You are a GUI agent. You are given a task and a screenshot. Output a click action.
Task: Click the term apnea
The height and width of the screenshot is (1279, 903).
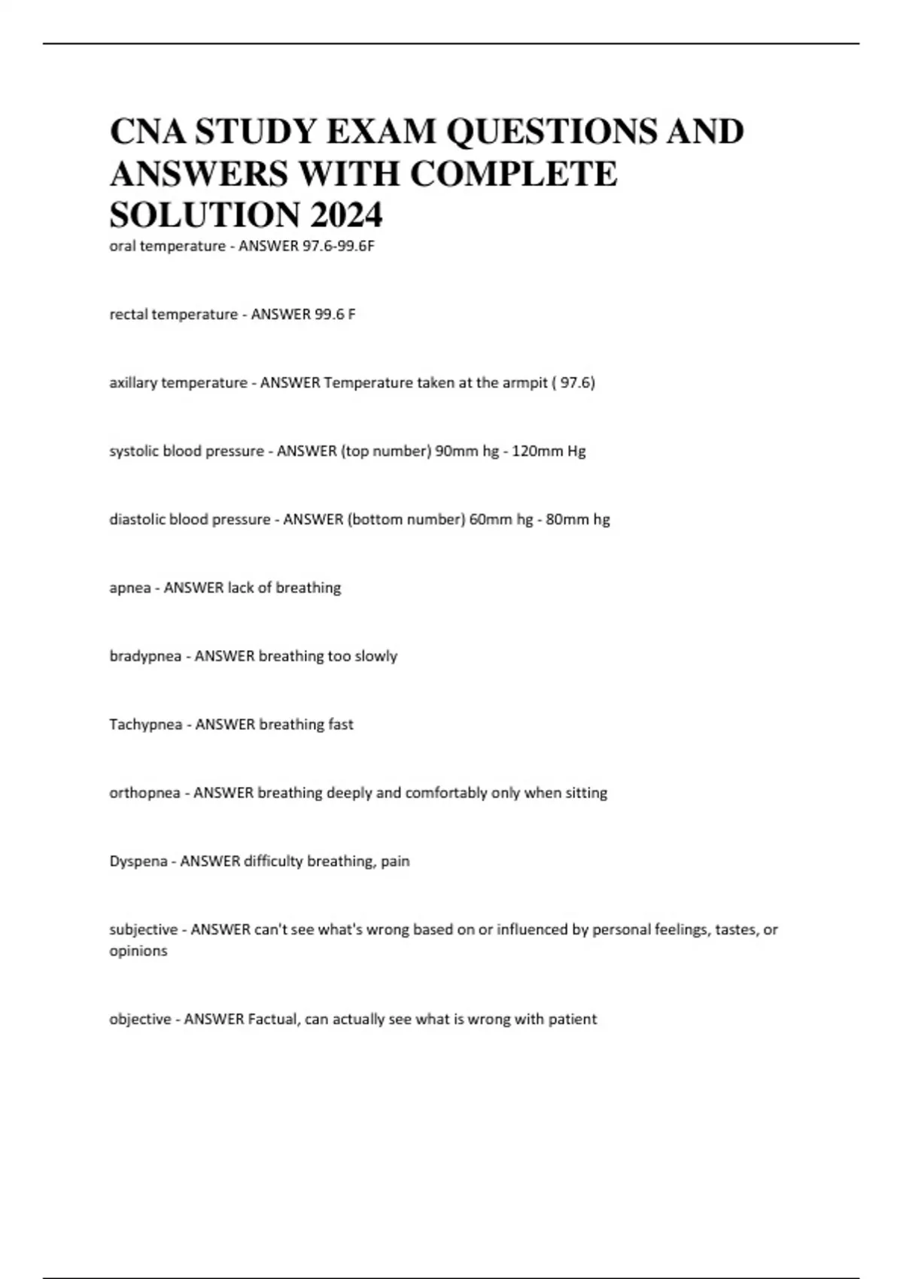point(130,588)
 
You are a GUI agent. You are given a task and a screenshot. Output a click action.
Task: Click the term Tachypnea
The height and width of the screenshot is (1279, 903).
point(146,725)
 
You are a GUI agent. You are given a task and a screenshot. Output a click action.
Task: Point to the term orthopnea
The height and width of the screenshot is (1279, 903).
point(144,793)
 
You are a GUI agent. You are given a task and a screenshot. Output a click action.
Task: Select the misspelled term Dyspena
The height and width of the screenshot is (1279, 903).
point(138,861)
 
